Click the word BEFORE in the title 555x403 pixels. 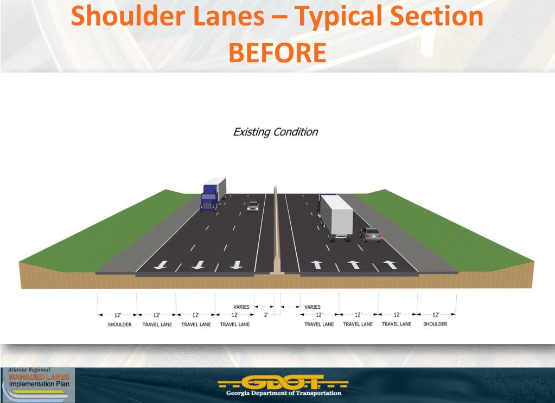[277, 53]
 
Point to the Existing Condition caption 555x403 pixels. [275, 132]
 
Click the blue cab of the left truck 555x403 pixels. [209, 198]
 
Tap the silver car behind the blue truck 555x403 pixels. [253, 206]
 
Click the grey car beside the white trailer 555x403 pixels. [371, 234]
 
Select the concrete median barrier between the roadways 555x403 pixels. [276, 233]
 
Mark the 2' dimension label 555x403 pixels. [266, 315]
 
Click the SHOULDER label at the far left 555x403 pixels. [120, 324]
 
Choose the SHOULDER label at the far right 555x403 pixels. [435, 324]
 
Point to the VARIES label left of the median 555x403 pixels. [241, 307]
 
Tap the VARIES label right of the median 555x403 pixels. [312, 307]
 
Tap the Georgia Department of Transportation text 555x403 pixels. [284, 393]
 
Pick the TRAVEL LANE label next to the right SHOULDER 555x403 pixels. [397, 324]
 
